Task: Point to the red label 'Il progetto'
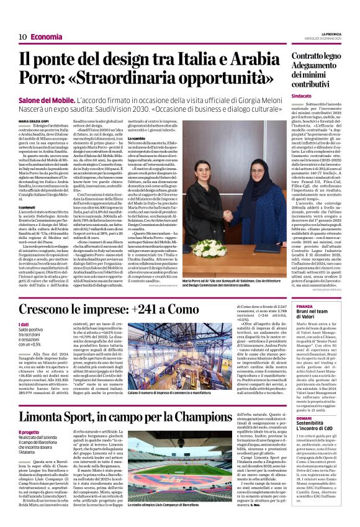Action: click(28, 433)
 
